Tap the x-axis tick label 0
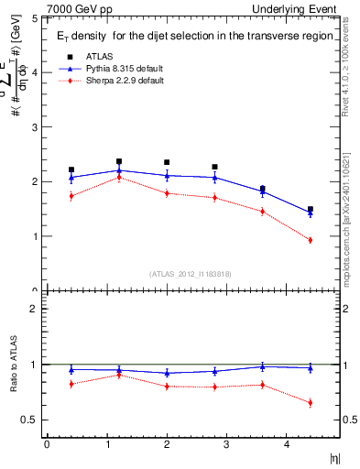pos(47,444)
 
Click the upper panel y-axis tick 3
pos(34,127)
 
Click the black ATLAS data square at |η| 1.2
pos(119,161)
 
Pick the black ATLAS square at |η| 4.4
pos(310,210)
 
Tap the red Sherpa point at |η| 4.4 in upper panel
pos(310,240)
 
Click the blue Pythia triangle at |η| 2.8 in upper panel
pos(214,177)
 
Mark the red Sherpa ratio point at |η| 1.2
pos(119,375)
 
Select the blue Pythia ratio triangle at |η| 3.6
pos(262,366)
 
